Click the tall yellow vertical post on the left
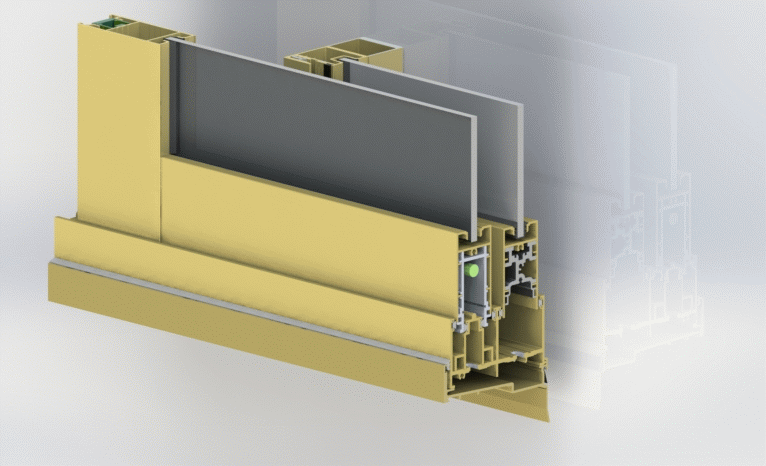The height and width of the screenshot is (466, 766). coord(118,130)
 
